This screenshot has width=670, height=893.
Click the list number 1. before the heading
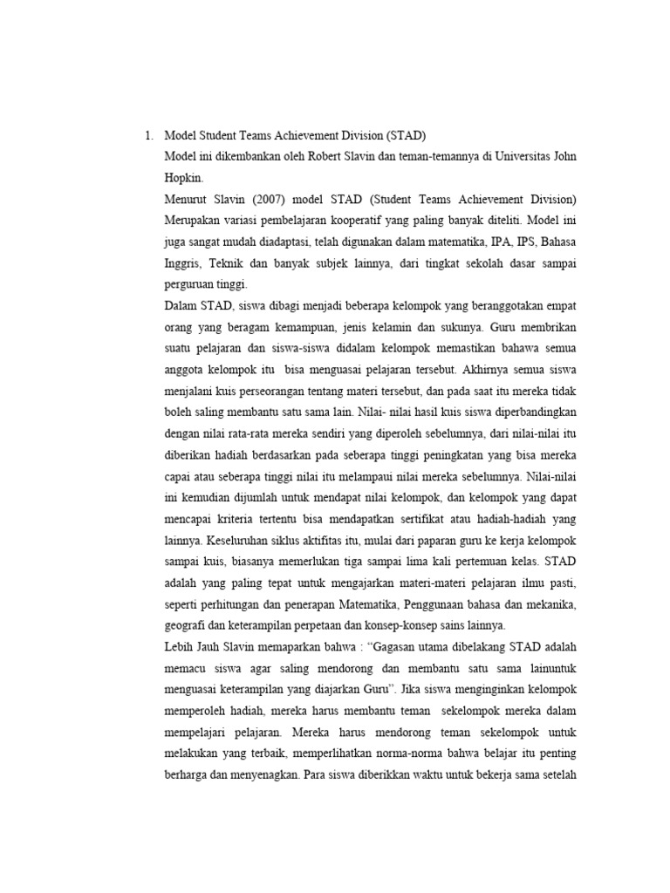coord(148,135)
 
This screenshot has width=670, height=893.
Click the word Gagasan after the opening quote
coord(395,646)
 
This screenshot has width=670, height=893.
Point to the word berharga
coord(188,772)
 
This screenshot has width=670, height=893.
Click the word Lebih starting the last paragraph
coord(181,646)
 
